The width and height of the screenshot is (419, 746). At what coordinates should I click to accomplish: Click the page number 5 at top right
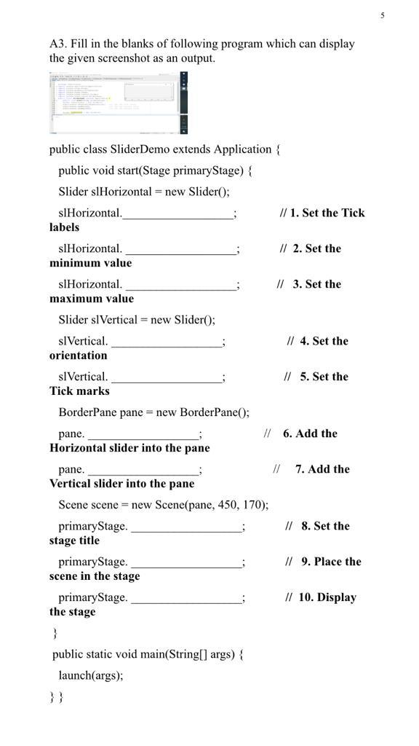383,15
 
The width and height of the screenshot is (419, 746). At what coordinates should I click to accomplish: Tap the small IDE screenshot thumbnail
119,103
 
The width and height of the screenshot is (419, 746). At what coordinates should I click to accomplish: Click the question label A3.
58,44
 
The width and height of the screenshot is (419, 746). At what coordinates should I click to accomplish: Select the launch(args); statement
91,675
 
